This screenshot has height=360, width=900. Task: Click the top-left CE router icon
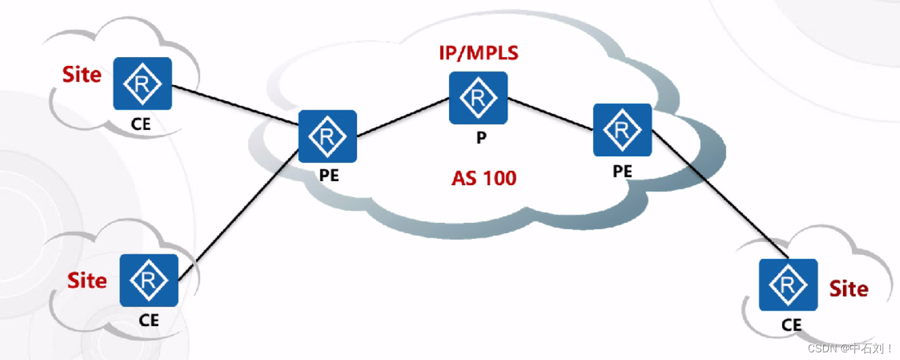pyautogui.click(x=142, y=83)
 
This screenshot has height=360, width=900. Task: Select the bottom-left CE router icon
pyautogui.click(x=149, y=280)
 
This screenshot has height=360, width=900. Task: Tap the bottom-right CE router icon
pyautogui.click(x=788, y=285)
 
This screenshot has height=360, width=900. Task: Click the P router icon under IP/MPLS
pyautogui.click(x=478, y=97)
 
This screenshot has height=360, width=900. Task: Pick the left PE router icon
pyautogui.click(x=327, y=136)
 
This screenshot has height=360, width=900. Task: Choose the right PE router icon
pyautogui.click(x=622, y=129)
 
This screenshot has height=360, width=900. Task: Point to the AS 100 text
pyautogui.click(x=484, y=177)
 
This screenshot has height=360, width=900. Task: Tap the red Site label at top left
pyautogui.click(x=81, y=75)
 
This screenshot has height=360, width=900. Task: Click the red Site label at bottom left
pyautogui.click(x=87, y=281)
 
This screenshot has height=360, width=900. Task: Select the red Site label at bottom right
pyautogui.click(x=849, y=289)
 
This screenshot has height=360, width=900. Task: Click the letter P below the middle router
pyautogui.click(x=480, y=139)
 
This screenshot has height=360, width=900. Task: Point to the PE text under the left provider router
pyautogui.click(x=329, y=176)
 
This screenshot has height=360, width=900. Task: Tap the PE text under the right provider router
pyautogui.click(x=622, y=171)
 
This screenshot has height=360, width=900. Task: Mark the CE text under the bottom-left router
pyautogui.click(x=149, y=320)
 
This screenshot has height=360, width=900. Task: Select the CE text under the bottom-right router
pyautogui.click(x=792, y=325)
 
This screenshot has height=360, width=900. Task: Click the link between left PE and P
pyautogui.click(x=402, y=117)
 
